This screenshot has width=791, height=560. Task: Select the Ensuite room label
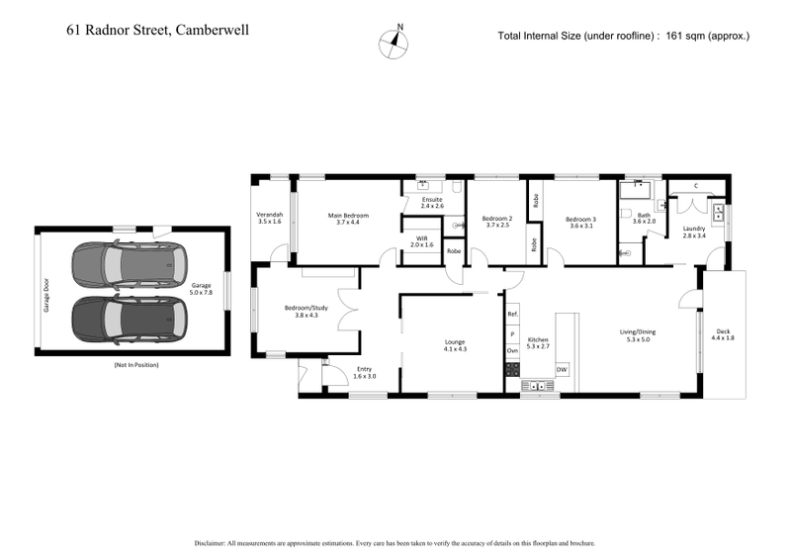coord(432,202)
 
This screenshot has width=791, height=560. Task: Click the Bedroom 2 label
coord(496,221)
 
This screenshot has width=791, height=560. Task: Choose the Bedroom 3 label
coord(581,221)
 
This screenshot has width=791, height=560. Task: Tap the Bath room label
coord(644,218)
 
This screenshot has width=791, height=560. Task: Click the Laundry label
coord(694,232)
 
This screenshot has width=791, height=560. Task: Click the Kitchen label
coord(537,342)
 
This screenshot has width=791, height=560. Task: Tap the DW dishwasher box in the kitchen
coord(562,369)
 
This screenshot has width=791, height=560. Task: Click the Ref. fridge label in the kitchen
coord(512,315)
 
